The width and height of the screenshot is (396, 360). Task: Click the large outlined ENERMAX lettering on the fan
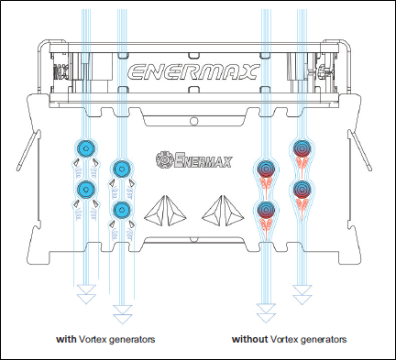(193, 72)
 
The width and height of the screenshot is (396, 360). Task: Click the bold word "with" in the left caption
(66, 339)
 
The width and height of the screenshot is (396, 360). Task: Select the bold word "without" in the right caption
(249, 339)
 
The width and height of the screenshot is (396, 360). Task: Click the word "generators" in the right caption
(324, 339)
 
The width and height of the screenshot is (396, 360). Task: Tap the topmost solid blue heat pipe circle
(86, 148)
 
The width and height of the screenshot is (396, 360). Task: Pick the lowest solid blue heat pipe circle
(122, 210)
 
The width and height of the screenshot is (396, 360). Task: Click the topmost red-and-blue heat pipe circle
(302, 148)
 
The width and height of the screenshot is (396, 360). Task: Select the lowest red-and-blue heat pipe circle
(266, 210)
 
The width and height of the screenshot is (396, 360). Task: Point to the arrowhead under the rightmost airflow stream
(302, 295)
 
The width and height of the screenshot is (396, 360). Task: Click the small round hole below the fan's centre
(193, 121)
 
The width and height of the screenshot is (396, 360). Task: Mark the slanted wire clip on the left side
(28, 150)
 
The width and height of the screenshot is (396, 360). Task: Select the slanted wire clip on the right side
(359, 150)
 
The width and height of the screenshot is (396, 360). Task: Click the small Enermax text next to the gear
(203, 160)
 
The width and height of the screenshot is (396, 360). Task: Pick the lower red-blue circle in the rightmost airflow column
(302, 190)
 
